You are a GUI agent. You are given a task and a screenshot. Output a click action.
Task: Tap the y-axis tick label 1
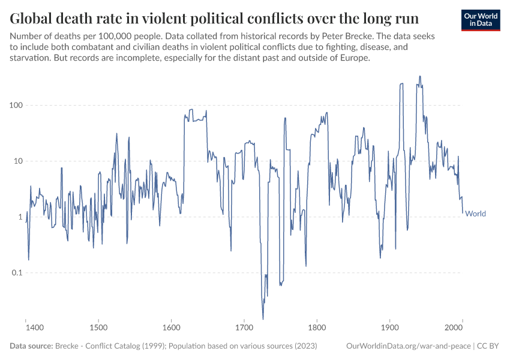(x=18, y=217)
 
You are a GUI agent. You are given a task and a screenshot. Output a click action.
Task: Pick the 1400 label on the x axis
(x=35, y=328)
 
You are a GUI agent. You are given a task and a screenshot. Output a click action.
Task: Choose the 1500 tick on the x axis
(x=98, y=328)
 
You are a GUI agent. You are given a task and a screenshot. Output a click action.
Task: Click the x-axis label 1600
(x=171, y=328)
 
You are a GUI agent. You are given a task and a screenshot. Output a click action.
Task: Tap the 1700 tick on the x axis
(x=244, y=328)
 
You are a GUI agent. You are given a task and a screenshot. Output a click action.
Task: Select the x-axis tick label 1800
(x=316, y=328)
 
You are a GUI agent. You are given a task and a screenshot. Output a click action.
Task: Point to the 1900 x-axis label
(x=389, y=328)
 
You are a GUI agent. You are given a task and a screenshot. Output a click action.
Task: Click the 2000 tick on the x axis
(x=462, y=328)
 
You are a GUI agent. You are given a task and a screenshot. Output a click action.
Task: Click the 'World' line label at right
(x=476, y=214)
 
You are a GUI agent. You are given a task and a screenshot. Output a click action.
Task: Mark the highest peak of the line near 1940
(x=419, y=76)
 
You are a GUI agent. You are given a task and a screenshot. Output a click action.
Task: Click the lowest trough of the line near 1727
(x=263, y=319)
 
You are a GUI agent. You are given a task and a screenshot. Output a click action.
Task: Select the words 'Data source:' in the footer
(x=31, y=346)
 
